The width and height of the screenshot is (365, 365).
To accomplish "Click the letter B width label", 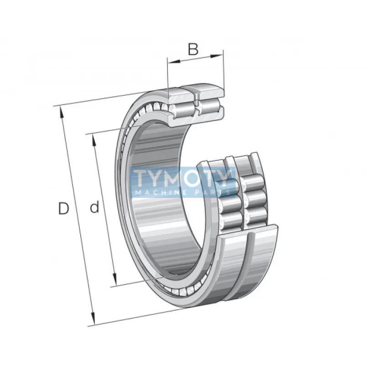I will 193,49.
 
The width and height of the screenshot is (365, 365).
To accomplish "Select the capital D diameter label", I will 63,209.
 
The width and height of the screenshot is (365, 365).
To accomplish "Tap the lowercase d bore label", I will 94,208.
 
